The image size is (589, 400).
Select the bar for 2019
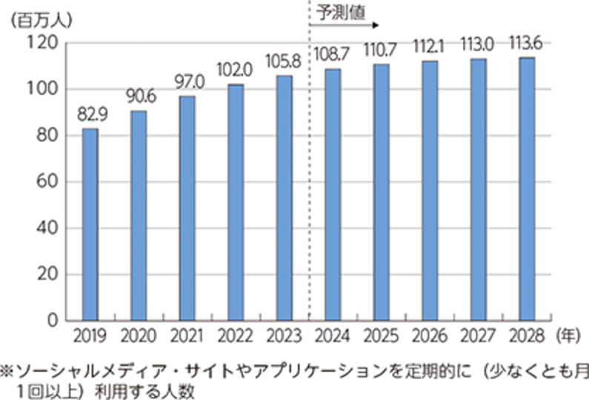pyautogui.click(x=90, y=224)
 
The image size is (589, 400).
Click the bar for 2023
pyautogui.click(x=284, y=198)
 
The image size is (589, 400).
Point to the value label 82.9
pyautogui.click(x=90, y=116)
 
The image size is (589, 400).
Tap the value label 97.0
pyautogui.click(x=187, y=83)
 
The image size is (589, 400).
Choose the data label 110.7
pyautogui.click(x=381, y=50)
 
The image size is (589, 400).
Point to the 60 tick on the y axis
pyautogui.click(x=48, y=181)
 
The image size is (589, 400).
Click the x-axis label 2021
pyautogui.click(x=187, y=336)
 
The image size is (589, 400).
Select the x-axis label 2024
pyautogui.click(x=332, y=336)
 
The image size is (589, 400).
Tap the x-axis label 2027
pyautogui.click(x=478, y=336)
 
